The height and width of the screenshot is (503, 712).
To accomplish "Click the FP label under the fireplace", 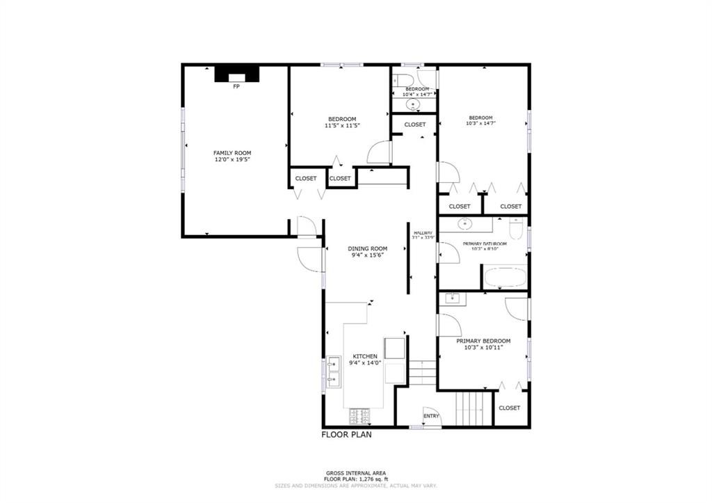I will [236, 87].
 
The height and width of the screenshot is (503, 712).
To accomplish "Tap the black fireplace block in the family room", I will [236, 74].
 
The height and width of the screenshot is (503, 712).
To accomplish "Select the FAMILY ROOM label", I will [232, 153].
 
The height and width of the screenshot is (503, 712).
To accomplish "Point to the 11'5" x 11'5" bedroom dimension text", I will [341, 126].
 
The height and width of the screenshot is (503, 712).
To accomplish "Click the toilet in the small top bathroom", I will [400, 81].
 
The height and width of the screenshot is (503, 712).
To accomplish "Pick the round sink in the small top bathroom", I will [414, 105].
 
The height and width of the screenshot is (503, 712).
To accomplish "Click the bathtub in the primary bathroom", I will [505, 277].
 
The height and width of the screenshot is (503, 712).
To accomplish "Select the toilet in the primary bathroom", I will [516, 228].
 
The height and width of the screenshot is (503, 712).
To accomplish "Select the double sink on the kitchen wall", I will [334, 371].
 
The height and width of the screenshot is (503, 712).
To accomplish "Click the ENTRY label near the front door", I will [431, 417].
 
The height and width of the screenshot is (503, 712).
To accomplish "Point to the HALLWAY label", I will [423, 233].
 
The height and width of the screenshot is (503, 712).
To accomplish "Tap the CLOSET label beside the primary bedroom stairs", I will [510, 408].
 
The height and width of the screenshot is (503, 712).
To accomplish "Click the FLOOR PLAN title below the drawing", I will [346, 436].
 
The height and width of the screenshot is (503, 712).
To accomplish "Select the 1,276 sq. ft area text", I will [356, 479].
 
